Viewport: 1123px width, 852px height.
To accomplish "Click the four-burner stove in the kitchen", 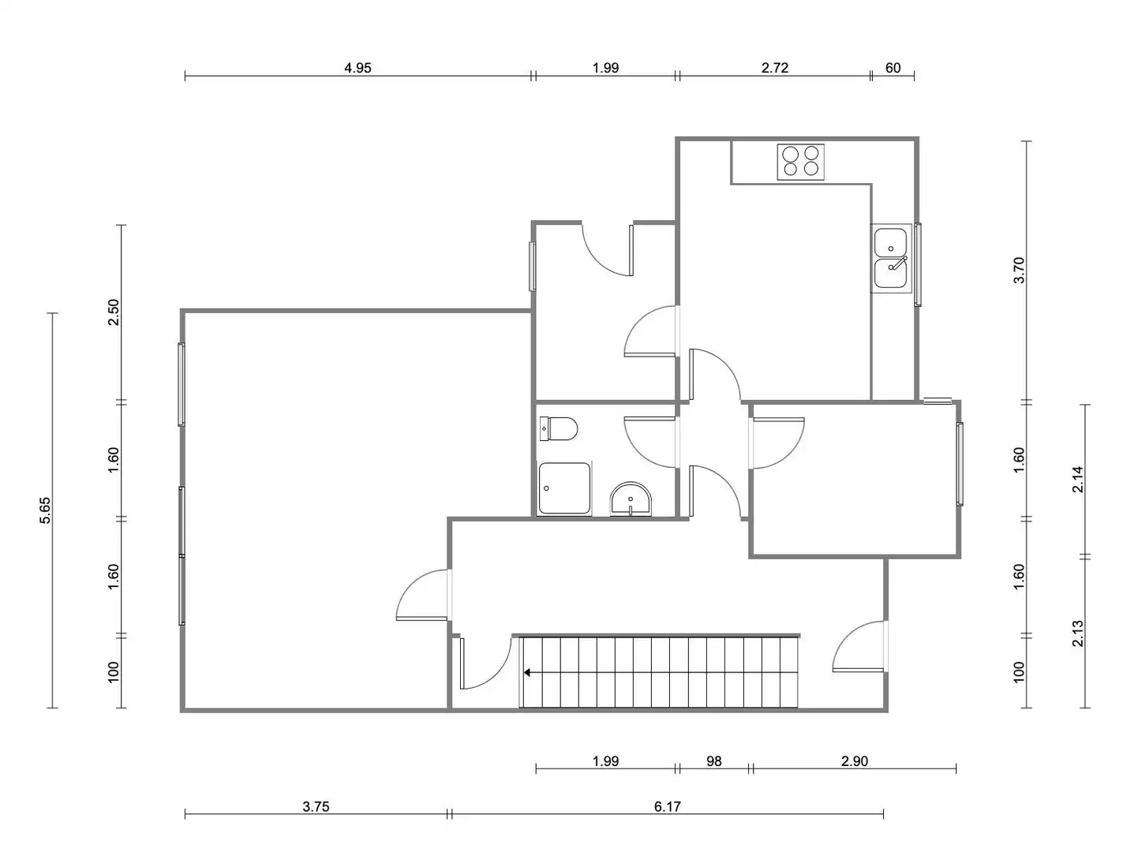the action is click(x=800, y=162).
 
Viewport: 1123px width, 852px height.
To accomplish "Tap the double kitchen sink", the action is click(x=890, y=258).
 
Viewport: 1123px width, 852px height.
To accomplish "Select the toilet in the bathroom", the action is click(x=558, y=428).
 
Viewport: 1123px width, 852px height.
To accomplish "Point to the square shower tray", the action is click(x=564, y=488).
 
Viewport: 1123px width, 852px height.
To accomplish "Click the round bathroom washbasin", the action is click(x=631, y=499).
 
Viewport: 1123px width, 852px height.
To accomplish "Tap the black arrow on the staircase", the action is click(x=527, y=672).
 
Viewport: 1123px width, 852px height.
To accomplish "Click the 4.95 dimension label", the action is click(x=357, y=68).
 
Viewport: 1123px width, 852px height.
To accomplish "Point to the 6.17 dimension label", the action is click(x=667, y=806).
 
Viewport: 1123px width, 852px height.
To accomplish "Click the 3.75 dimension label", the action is click(x=316, y=806).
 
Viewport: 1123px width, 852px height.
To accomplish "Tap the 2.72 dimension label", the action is click(x=775, y=68).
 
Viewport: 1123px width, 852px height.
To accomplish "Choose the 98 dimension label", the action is click(x=713, y=761).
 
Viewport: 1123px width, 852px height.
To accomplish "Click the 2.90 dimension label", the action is click(x=855, y=761).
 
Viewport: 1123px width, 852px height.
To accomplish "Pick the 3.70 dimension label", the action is click(x=1019, y=270).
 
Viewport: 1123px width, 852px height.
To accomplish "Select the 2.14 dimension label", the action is click(x=1077, y=479).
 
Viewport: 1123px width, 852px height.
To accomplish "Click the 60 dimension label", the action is click(x=893, y=68).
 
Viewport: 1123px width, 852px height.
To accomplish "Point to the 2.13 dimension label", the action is click(x=1077, y=633).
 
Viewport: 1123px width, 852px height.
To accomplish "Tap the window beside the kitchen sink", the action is click(x=918, y=264).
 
